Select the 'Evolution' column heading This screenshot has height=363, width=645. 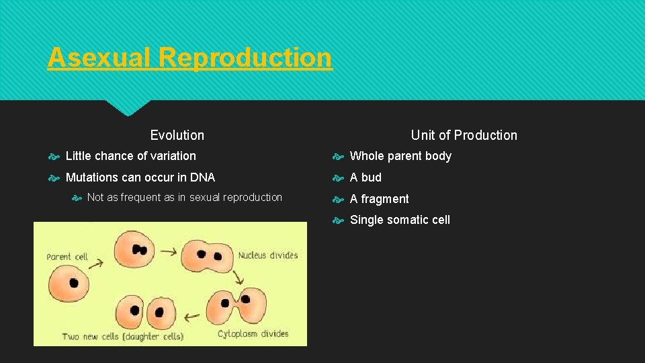[177, 135]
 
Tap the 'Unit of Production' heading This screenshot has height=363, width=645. [464, 135]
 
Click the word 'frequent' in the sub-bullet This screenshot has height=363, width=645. [142, 198]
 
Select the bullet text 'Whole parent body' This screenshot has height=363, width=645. [400, 156]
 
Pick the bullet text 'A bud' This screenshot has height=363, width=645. [365, 177]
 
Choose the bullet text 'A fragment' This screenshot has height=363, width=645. [379, 199]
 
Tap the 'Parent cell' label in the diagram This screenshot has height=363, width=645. [67, 257]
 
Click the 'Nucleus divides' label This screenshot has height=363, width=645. [267, 255]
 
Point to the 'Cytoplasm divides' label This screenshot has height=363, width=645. [253, 333]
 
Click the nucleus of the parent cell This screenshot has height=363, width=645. [73, 282]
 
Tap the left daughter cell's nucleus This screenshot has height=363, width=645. [135, 311]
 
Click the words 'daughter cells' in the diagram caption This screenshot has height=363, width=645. [155, 335]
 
